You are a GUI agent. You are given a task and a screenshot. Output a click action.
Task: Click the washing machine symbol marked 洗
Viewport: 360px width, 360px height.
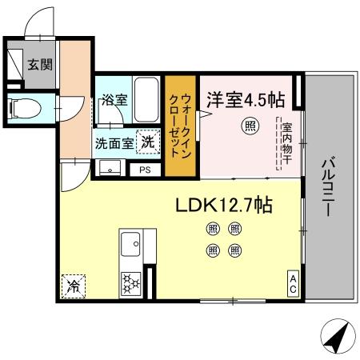click(x=147, y=142)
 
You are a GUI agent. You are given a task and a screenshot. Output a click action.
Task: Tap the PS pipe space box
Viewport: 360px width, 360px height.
click(x=145, y=170)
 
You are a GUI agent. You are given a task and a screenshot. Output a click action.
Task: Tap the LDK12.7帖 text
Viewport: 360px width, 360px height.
click(x=224, y=206)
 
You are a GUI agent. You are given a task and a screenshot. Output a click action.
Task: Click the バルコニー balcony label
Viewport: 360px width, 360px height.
click(x=328, y=186)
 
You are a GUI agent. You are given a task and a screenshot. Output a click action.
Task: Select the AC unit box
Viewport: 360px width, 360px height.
click(x=294, y=283)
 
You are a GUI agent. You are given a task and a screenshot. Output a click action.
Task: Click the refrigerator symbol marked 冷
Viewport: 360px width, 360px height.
click(x=73, y=284)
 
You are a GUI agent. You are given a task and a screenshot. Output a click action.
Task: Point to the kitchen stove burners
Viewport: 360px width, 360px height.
click(x=130, y=283)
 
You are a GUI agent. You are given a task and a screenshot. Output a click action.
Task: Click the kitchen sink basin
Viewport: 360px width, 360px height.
click(x=130, y=242)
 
